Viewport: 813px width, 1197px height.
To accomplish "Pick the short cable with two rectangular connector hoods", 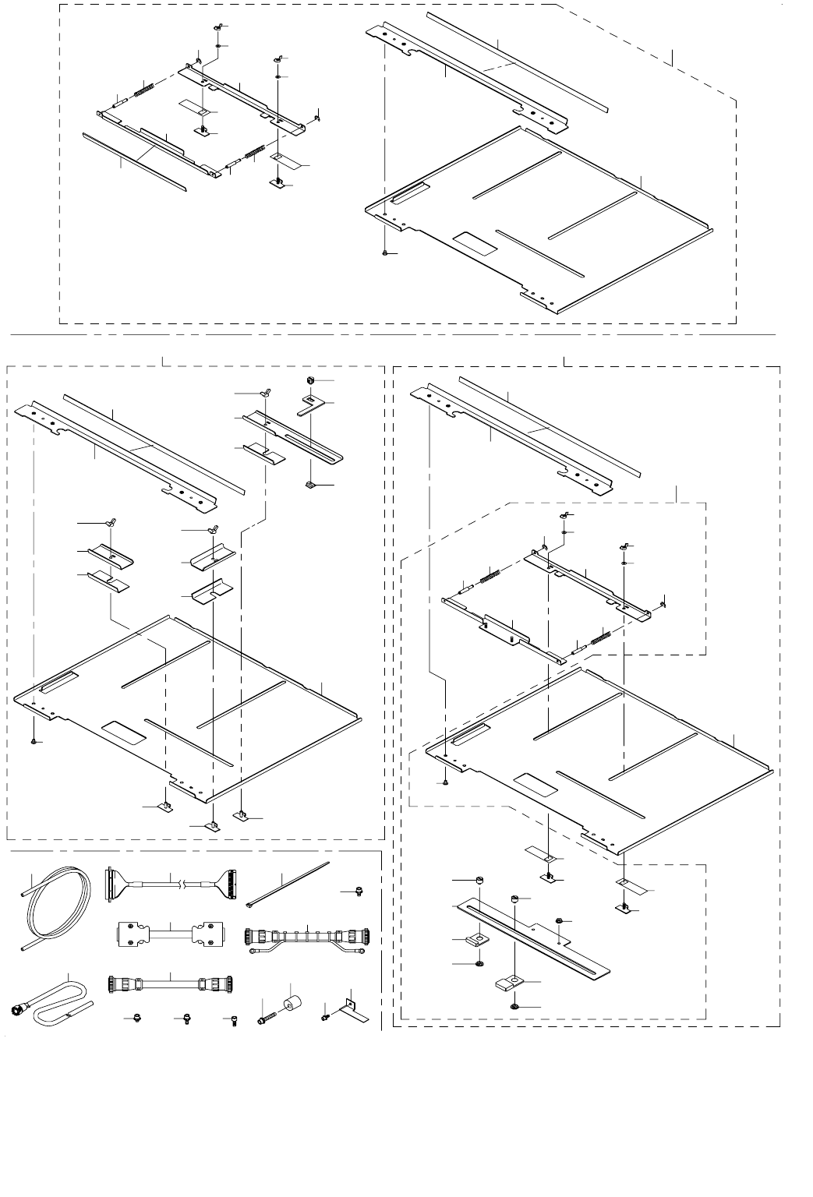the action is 170,934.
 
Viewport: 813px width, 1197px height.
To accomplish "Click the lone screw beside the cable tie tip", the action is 355,891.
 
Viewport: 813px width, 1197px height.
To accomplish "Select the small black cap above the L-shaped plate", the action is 309,380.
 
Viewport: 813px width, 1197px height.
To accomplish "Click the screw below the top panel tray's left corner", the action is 386,253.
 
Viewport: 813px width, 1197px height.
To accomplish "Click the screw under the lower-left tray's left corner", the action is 34,741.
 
